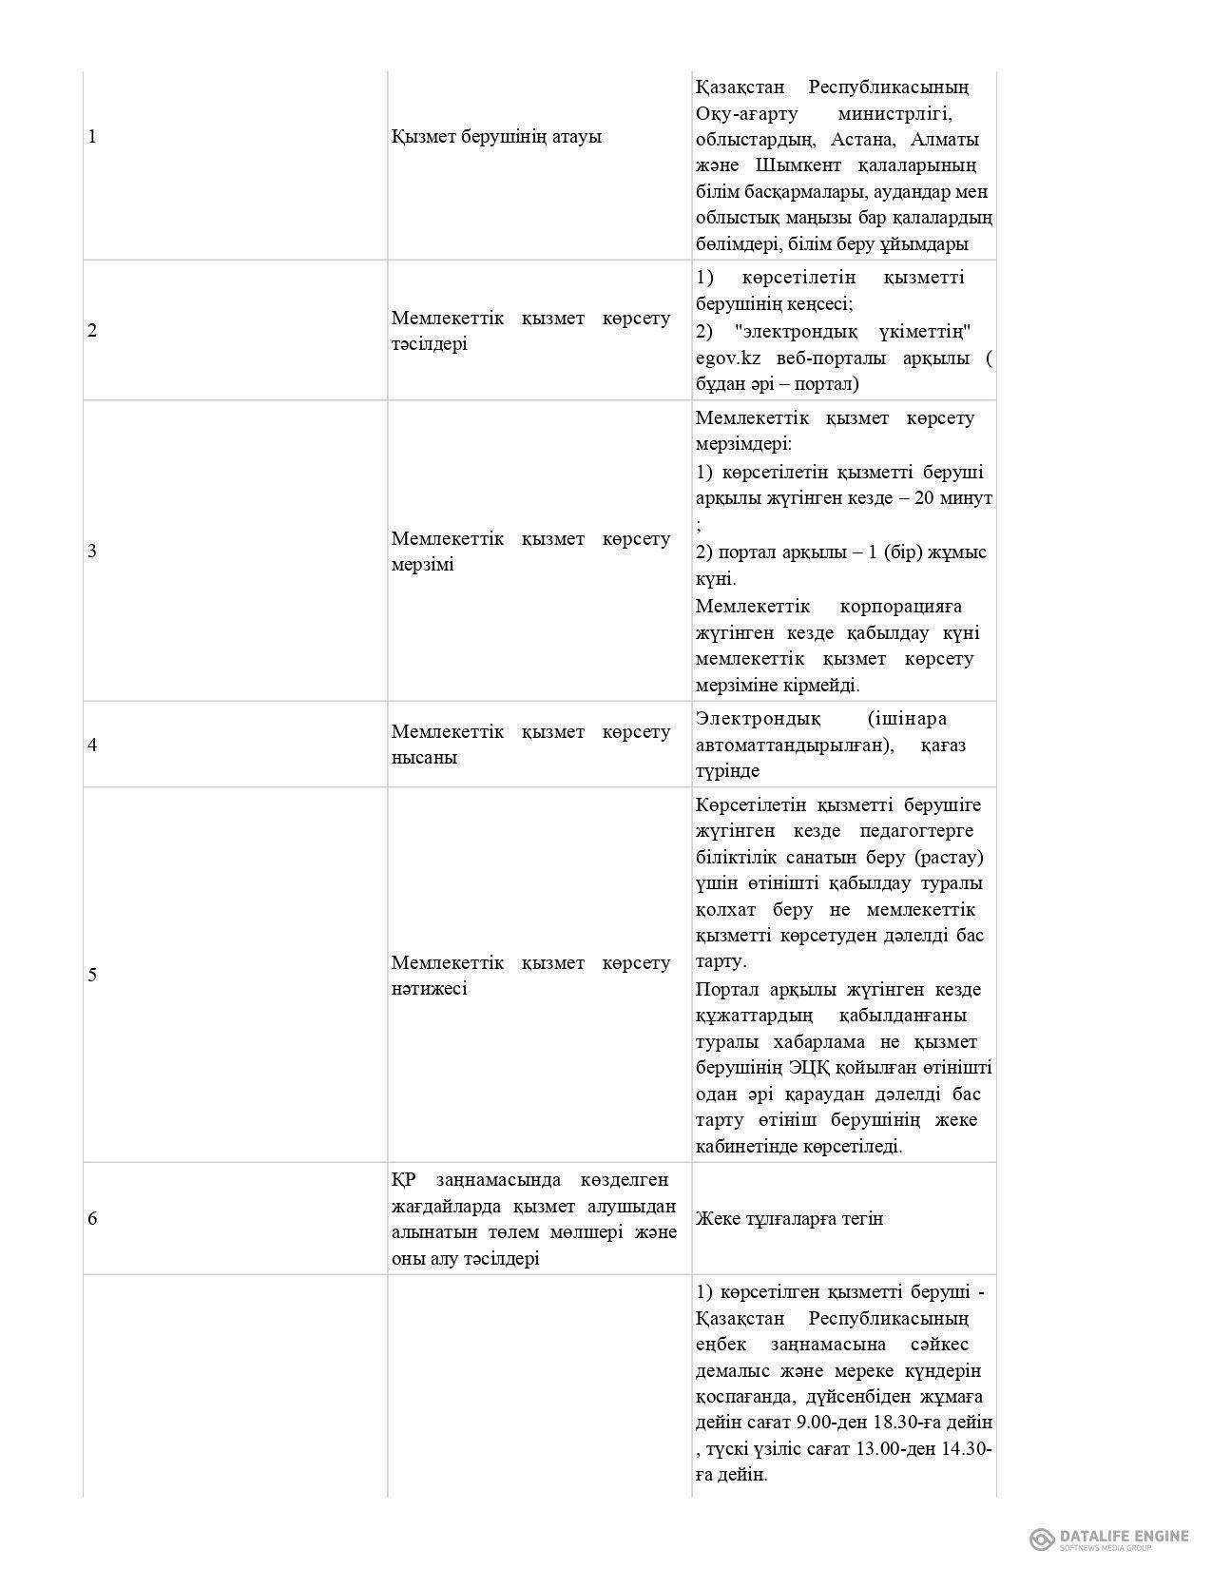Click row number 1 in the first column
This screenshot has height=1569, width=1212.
coord(92,137)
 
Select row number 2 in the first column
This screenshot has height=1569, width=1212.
coord(92,332)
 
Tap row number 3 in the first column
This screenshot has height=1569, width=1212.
coord(92,552)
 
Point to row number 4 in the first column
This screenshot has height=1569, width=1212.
coord(92,746)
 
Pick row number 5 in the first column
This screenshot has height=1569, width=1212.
coord(92,976)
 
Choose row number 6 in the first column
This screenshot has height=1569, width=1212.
coord(92,1219)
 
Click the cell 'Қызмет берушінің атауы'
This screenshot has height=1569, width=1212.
coord(496,137)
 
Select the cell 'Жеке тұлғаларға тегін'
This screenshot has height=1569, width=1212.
coord(789,1219)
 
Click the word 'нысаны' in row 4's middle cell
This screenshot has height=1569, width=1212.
coord(424,758)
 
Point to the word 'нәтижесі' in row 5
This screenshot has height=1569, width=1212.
coord(429,989)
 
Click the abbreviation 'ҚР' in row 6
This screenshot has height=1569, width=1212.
coord(404,1181)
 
